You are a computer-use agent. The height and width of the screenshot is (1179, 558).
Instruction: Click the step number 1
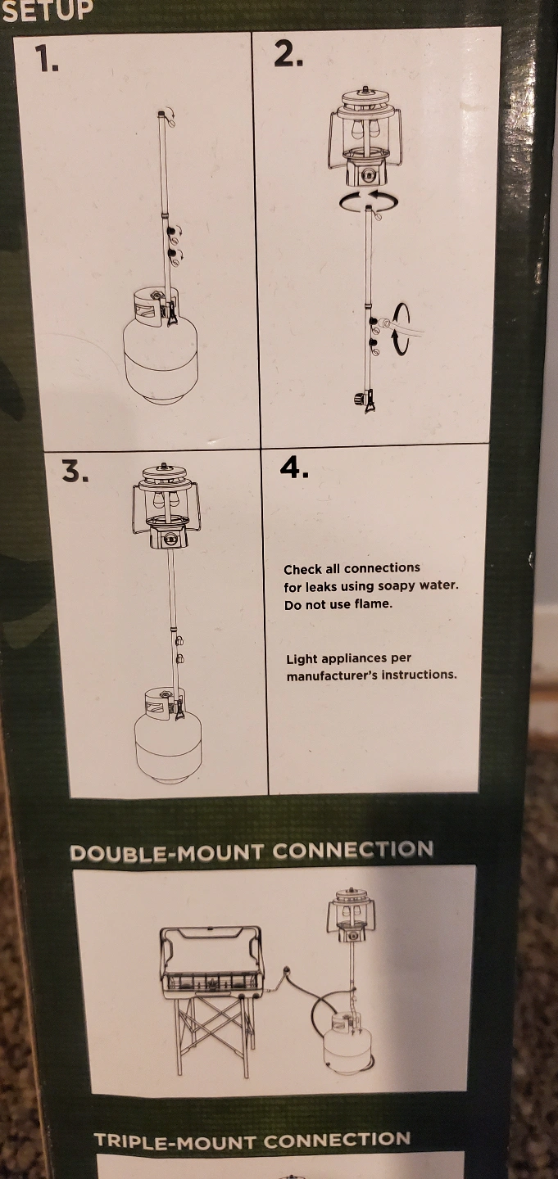[47, 58]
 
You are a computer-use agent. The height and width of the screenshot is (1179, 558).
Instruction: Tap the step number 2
[288, 54]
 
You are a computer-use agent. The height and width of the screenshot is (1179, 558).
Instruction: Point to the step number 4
[294, 467]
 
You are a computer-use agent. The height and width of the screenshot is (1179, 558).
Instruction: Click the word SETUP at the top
[48, 10]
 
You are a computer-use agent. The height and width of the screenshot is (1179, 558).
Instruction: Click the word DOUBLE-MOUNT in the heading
[167, 852]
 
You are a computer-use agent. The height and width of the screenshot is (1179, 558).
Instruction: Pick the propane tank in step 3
[167, 734]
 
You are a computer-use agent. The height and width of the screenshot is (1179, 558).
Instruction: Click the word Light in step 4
[302, 659]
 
